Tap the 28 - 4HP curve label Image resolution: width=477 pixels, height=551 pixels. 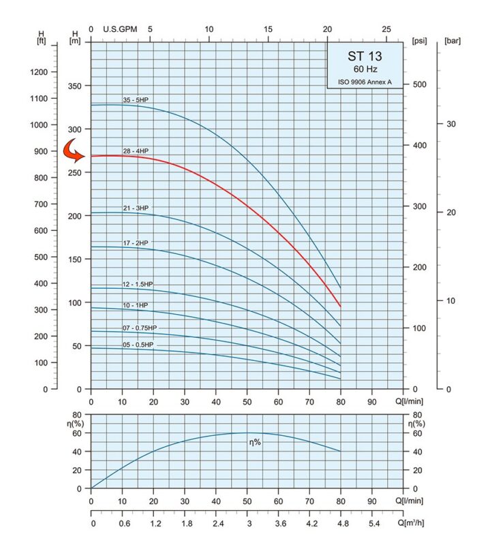(135, 149)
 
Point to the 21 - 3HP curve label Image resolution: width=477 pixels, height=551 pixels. (135, 207)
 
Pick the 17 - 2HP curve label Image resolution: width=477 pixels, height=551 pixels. (135, 242)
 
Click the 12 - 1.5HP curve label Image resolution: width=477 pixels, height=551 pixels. (138, 283)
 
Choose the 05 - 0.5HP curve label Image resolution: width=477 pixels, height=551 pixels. (138, 345)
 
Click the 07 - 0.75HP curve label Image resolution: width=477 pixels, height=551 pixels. (140, 328)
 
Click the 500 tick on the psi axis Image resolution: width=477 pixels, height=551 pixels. (419, 84)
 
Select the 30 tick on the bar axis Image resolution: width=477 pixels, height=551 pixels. (450, 124)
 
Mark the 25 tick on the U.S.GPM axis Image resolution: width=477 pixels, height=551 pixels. (386, 29)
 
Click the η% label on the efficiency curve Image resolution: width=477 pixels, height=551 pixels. (256, 443)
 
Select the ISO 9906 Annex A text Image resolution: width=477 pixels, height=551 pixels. (366, 82)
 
